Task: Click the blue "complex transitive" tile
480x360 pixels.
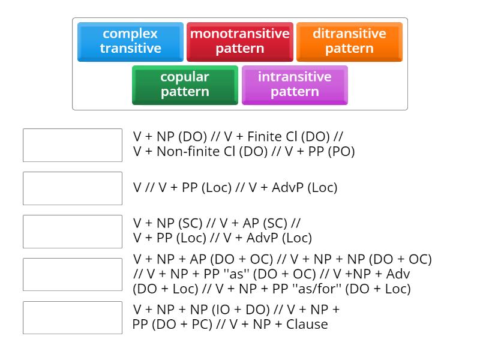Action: tap(130, 41)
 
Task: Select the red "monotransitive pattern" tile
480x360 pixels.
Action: tap(239, 41)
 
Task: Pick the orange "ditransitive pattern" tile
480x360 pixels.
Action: tap(349, 41)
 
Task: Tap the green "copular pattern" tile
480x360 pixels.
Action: tap(185, 85)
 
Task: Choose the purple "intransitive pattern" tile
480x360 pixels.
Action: tap(295, 85)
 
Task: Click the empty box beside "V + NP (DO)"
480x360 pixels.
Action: tap(73, 145)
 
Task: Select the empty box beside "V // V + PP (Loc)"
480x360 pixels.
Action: tap(73, 188)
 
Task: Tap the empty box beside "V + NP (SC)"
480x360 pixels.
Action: tap(73, 232)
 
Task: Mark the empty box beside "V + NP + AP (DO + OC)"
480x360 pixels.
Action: tap(73, 275)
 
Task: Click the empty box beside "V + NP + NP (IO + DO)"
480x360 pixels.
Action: tap(73, 318)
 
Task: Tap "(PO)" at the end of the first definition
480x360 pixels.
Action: tap(340, 152)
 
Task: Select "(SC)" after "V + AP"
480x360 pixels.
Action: tap(276, 223)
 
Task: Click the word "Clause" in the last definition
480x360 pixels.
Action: tap(307, 325)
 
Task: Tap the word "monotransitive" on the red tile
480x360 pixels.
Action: tap(239, 34)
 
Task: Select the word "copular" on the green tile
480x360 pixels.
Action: tap(185, 77)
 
